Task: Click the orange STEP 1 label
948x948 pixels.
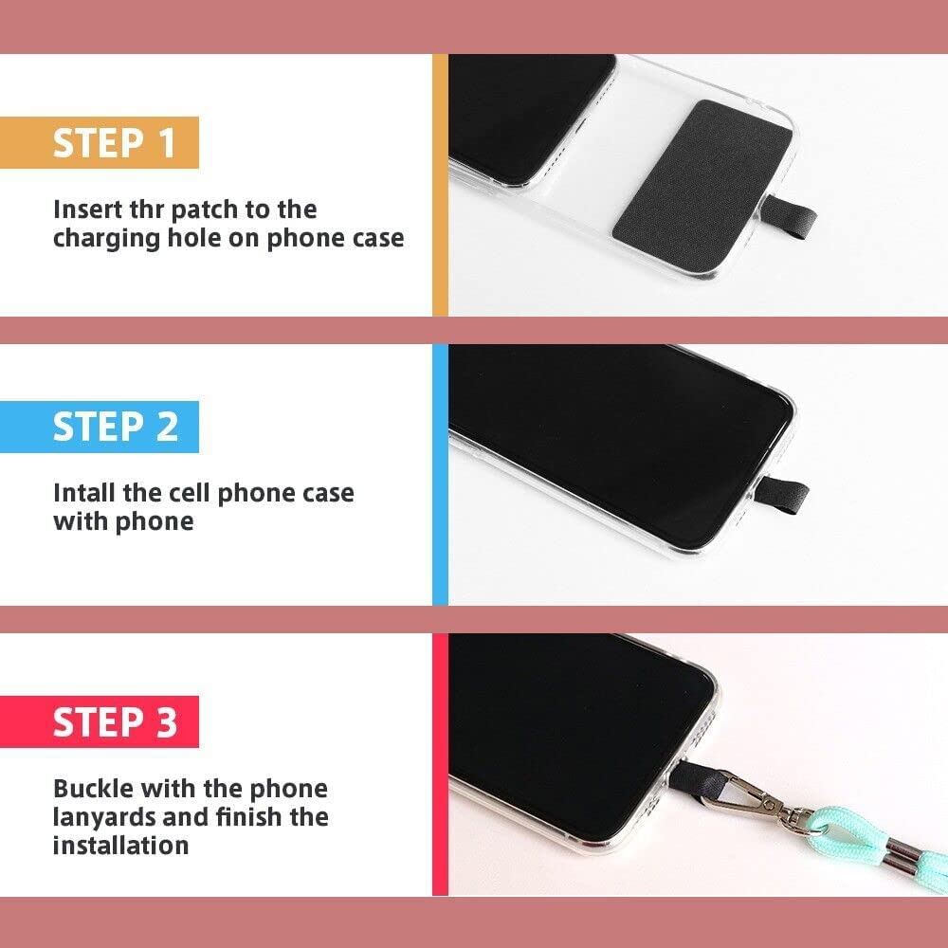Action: pyautogui.click(x=114, y=142)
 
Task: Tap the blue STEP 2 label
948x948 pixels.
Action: pyautogui.click(x=115, y=427)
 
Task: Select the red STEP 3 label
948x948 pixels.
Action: pyautogui.click(x=115, y=721)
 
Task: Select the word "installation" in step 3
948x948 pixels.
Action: pyautogui.click(x=120, y=845)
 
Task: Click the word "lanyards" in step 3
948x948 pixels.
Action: pyautogui.click(x=104, y=816)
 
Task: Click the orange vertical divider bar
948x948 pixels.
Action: pyautogui.click(x=440, y=185)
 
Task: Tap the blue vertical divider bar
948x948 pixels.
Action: pyautogui.click(x=440, y=474)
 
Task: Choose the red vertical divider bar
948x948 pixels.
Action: pyautogui.click(x=440, y=764)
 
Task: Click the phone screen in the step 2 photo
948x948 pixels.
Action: pyautogui.click(x=616, y=427)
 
